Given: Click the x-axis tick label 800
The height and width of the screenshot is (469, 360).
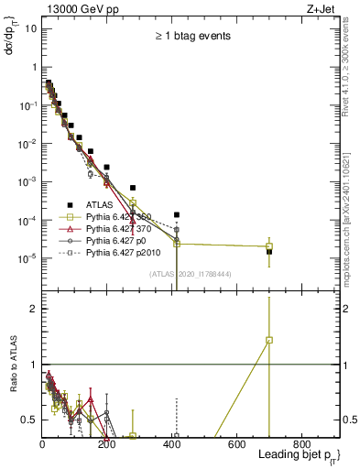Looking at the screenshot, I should [x=301, y=444].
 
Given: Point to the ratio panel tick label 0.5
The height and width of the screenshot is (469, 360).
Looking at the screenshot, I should [x=27, y=420].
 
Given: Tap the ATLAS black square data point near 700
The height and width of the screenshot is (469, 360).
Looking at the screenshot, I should [x=269, y=252].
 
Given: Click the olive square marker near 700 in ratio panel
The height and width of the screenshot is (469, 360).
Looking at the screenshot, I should [x=269, y=340].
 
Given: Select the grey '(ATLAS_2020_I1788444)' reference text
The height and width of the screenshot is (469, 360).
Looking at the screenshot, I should [x=191, y=273].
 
